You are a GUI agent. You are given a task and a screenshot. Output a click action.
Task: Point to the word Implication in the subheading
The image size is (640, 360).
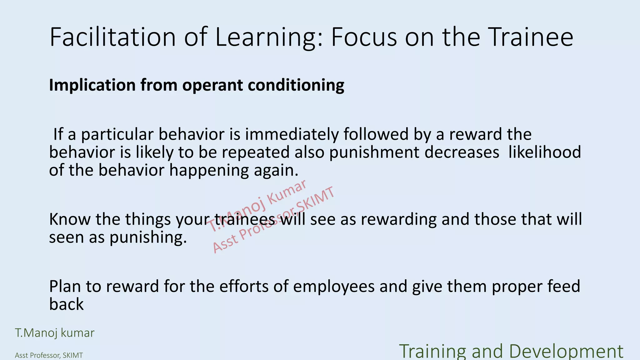pos(92,85)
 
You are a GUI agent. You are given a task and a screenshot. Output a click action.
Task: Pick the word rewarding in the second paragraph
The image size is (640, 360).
pos(399,219)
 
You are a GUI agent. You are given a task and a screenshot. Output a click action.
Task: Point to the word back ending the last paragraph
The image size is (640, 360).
pos(66,304)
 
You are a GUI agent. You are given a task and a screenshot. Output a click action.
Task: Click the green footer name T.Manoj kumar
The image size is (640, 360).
pos(55,333)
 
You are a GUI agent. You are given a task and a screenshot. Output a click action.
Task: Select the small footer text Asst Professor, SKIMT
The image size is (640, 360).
pos(49,355)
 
